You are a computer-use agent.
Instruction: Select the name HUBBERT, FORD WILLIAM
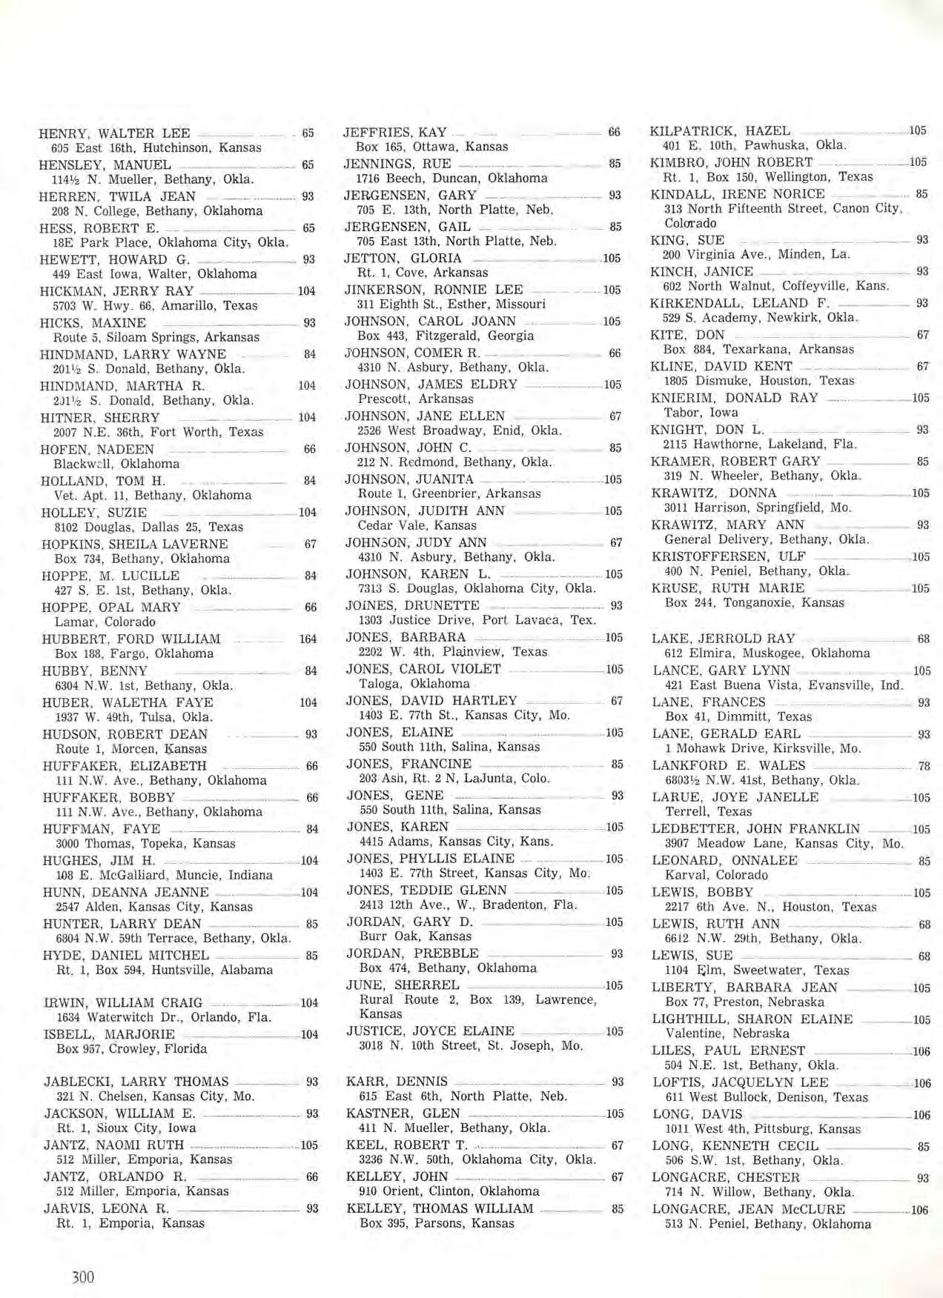[x=131, y=639]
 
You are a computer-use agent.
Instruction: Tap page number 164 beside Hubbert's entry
[x=308, y=639]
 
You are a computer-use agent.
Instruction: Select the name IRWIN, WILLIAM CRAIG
[x=123, y=1002]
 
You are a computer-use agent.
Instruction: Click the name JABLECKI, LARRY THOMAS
[x=136, y=1082]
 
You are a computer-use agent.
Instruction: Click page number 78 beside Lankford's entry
[x=923, y=766]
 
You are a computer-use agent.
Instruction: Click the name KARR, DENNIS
[x=397, y=1081]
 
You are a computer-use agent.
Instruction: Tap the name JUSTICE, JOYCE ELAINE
[x=430, y=1031]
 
